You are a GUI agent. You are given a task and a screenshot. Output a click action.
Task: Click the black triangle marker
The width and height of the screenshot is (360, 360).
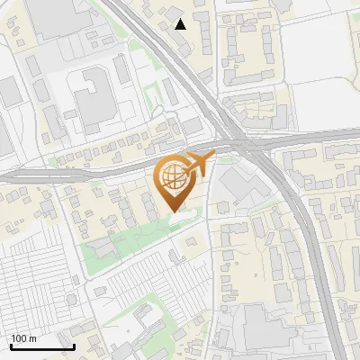(181, 24)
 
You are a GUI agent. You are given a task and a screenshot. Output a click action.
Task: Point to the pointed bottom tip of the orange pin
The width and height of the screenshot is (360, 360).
(172, 211)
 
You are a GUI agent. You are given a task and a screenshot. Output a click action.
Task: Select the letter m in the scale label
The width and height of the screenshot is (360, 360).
(33, 338)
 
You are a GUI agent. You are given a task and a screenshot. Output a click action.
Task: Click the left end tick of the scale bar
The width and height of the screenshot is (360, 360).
(10, 346)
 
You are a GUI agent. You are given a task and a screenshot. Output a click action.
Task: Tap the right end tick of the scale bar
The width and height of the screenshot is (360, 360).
(74, 346)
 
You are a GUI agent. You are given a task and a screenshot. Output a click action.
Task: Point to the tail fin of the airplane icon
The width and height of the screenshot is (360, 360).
(212, 158)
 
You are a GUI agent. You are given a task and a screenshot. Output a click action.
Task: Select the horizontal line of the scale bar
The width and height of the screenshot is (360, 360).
(41, 347)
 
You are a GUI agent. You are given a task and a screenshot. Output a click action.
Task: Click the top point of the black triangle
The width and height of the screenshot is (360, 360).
(181, 19)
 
